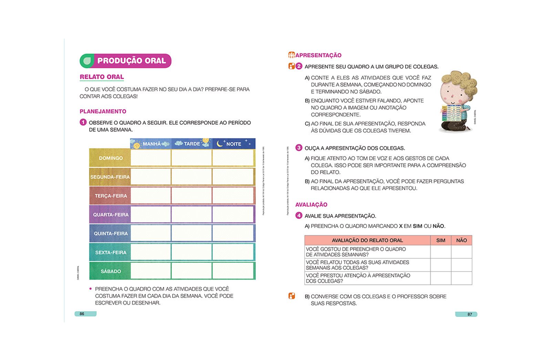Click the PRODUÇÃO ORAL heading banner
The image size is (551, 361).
[126, 61]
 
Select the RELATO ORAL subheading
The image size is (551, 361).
[102, 77]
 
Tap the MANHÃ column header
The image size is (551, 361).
[151, 144]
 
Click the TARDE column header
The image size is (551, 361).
[191, 144]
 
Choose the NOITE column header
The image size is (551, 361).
[233, 144]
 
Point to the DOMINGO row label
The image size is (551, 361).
[111, 158]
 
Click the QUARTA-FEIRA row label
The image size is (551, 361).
[111, 215]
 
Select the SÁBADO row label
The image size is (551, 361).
[111, 271]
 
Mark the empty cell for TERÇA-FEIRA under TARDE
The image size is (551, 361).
[191, 196]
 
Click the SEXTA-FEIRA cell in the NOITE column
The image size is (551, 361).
[233, 252]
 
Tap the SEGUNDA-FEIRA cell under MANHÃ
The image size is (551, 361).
[151, 177]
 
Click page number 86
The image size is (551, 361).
[82, 314]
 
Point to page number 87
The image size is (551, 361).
[469, 314]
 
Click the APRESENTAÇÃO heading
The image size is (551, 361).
[318, 55]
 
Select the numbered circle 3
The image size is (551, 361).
[299, 148]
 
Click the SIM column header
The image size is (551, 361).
[440, 240]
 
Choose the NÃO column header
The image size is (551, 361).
[461, 240]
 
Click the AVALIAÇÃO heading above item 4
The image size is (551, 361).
[311, 205]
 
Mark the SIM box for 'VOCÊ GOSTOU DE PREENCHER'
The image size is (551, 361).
[440, 252]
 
